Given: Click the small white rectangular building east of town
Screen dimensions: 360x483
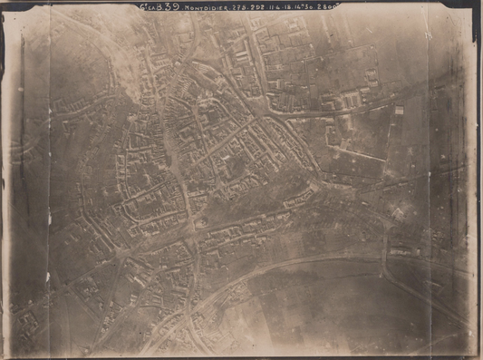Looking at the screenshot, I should click(398, 110).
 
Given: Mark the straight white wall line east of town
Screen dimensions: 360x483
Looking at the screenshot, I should click(358, 152).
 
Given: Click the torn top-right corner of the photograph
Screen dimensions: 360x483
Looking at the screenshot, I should click(473, 8).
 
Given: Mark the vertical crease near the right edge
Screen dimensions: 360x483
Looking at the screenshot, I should click(429, 181).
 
